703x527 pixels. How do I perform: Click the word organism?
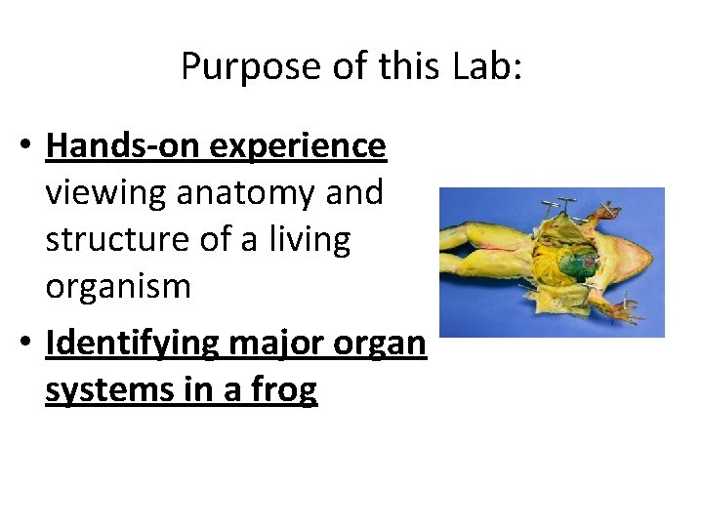coord(118,287)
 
